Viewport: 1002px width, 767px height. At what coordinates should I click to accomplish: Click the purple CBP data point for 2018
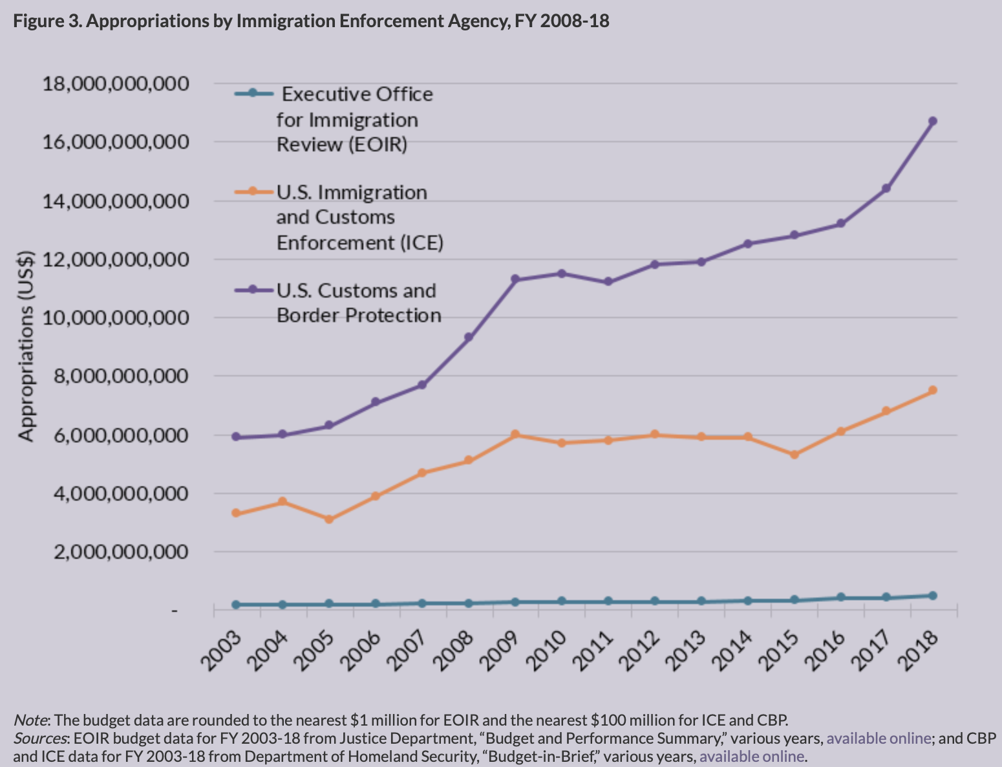point(933,121)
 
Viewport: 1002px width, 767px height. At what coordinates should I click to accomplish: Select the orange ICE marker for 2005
point(329,519)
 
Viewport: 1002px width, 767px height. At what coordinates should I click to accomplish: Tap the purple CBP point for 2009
point(515,279)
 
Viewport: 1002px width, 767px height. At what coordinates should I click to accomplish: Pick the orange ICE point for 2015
point(794,455)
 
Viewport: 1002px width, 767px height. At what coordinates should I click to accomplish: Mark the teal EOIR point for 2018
point(933,596)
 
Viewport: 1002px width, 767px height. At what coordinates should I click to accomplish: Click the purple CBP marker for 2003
point(236,437)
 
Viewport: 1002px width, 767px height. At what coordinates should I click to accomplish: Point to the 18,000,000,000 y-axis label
point(116,83)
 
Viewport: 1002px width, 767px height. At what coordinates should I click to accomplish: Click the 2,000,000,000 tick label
point(116,552)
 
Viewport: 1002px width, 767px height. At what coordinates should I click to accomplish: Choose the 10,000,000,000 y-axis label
point(116,318)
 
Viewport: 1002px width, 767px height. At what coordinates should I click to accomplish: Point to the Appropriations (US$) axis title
point(26,345)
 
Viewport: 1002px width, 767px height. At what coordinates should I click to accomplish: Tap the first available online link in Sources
point(879,738)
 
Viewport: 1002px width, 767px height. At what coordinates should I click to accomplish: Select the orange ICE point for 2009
point(515,435)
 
